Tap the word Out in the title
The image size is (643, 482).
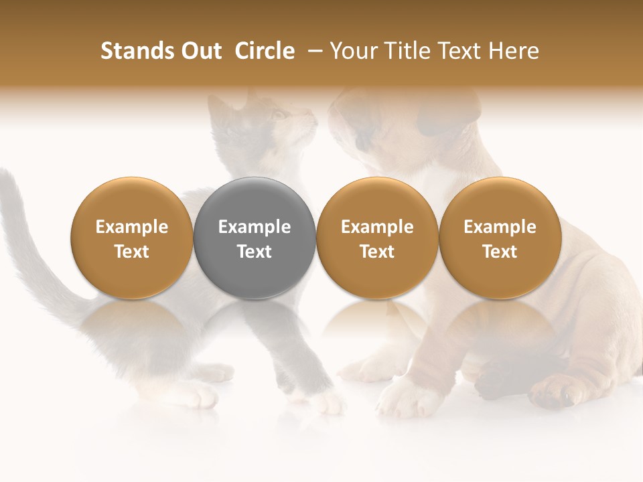coord(200,51)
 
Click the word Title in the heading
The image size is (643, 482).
coord(405,51)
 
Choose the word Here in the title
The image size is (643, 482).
coord(514,51)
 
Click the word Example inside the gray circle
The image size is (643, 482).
coord(255,227)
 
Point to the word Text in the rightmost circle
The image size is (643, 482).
coord(500,252)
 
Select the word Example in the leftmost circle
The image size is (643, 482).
coord(131,227)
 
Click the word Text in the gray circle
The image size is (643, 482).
coord(255,252)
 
